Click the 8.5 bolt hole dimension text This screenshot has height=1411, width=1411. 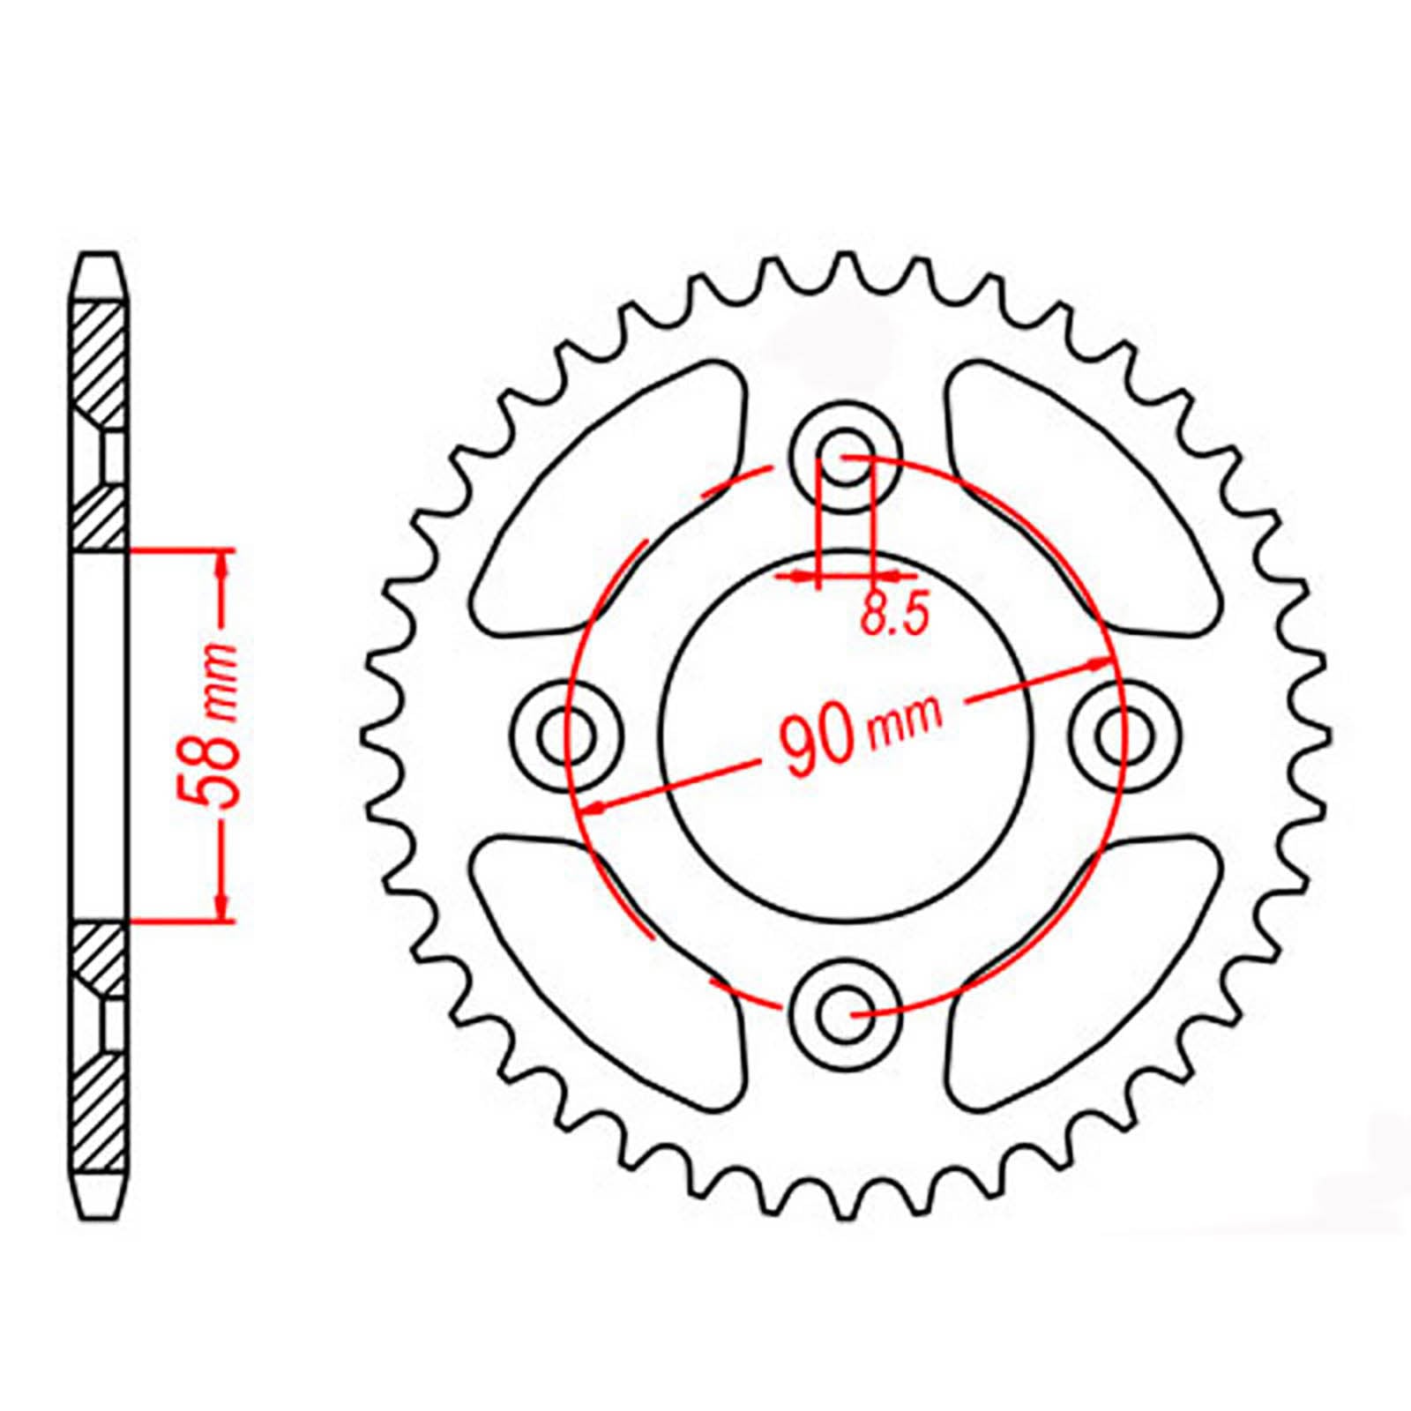894,615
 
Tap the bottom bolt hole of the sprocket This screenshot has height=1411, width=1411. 846,1015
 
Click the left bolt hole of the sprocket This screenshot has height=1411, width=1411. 567,735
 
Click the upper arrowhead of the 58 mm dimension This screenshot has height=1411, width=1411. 222,564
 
